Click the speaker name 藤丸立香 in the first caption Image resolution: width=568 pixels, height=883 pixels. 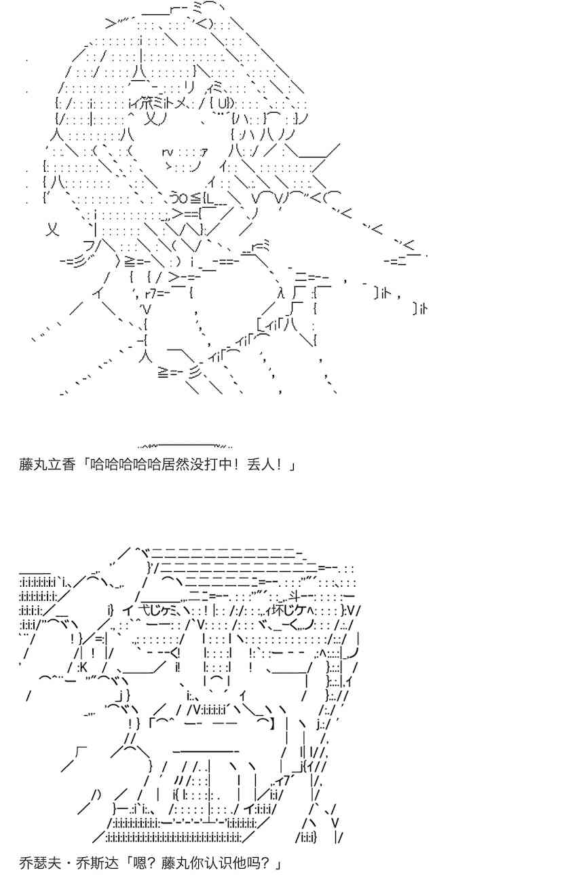[x=47, y=465]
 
